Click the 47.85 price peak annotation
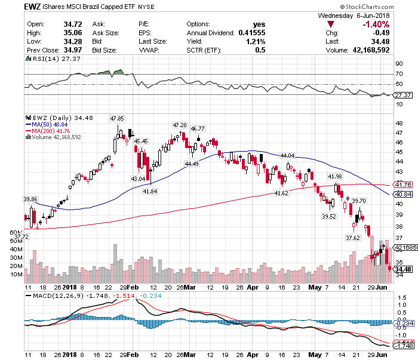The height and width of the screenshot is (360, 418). click(118, 119)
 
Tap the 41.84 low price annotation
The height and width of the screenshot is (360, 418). click(150, 191)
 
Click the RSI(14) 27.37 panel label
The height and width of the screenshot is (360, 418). click(44, 59)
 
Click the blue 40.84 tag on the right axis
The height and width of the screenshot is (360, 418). click(401, 195)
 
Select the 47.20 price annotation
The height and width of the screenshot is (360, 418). click(179, 125)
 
